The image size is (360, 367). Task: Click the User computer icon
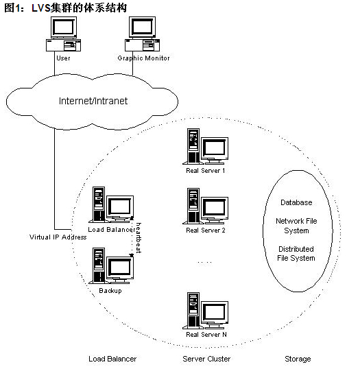(x=63, y=34)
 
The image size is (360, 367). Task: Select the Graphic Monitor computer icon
(x=142, y=34)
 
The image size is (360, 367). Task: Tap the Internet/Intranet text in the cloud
(x=93, y=101)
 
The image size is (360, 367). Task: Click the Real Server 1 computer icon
(x=206, y=146)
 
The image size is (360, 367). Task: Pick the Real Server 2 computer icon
(x=206, y=206)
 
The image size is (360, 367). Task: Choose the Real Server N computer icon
(x=206, y=310)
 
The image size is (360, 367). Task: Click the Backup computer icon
(x=111, y=266)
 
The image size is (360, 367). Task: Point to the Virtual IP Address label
(x=58, y=237)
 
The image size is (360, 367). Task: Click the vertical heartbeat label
(x=139, y=238)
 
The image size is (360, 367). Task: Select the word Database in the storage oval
(x=296, y=202)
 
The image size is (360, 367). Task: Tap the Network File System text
(x=296, y=226)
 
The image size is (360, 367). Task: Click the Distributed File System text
(x=296, y=254)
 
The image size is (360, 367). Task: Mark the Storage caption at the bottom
(x=298, y=359)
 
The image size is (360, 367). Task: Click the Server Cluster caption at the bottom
(x=206, y=359)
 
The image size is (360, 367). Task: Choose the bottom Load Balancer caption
(x=112, y=359)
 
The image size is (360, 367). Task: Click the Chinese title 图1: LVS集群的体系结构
(x=66, y=8)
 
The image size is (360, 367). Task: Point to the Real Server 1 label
(x=206, y=171)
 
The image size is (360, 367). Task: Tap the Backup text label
(x=110, y=291)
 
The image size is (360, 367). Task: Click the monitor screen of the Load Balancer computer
(x=120, y=206)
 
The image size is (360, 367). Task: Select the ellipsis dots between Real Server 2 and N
(x=204, y=262)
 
